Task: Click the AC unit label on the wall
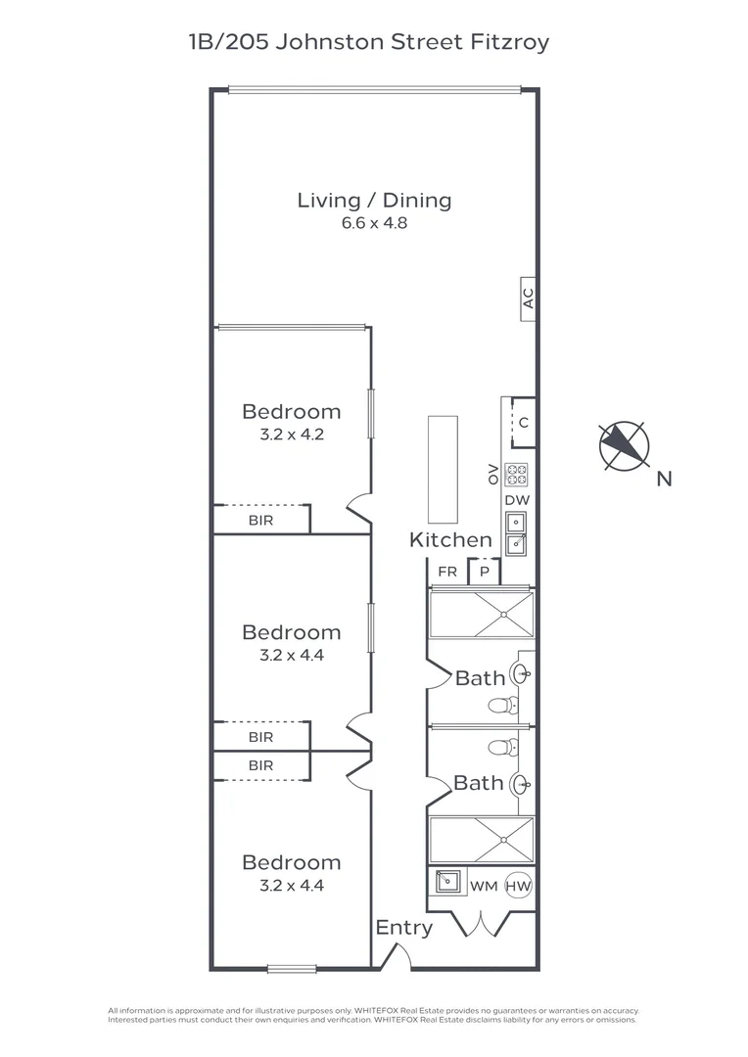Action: pos(528,299)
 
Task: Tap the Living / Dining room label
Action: pos(374,201)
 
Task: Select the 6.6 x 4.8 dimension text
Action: pos(374,223)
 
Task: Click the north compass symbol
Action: pos(624,445)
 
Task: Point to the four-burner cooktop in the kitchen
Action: pos(517,475)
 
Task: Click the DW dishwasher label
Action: pos(517,500)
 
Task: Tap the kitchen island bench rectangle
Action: pos(443,469)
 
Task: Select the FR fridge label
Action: pos(447,572)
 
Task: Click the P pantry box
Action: pos(485,572)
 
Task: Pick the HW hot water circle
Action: pos(518,886)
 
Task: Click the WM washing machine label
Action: pos(484,887)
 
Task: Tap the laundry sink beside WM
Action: pos(447,881)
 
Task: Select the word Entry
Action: pos(404,928)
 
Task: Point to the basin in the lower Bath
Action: pos(521,784)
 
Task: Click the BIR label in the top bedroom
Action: pos(261,521)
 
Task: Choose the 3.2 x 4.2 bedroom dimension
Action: pos(292,435)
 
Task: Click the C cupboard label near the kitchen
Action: pos(524,423)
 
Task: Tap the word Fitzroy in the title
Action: pos(509,42)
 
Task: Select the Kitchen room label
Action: pos(450,540)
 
